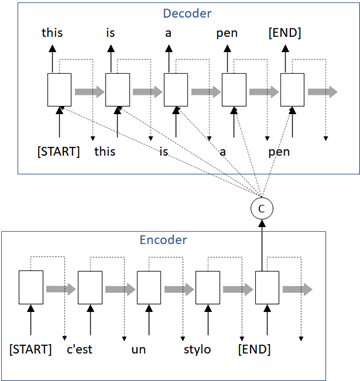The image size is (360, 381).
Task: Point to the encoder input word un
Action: [x=147, y=350]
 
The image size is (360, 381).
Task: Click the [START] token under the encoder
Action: [x=30, y=350]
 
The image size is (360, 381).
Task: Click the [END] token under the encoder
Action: [x=264, y=350]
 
